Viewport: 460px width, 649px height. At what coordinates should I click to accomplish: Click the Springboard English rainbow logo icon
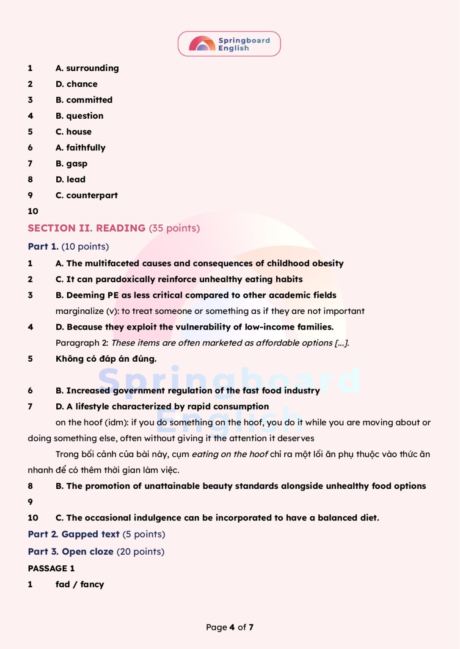202,44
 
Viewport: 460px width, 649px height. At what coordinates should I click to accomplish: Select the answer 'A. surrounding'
87,68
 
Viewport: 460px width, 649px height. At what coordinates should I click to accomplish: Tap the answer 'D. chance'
77,84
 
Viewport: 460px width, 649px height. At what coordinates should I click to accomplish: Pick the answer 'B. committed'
84,100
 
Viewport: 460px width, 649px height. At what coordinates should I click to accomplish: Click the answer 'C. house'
74,132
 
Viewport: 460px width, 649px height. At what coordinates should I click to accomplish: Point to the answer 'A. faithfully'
80,147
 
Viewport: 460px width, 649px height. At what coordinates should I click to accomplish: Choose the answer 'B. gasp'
72,164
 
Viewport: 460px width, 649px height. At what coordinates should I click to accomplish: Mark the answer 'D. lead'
71,180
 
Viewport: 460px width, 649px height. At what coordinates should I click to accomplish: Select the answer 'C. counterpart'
87,195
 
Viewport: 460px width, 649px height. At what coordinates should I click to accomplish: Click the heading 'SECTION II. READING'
87,228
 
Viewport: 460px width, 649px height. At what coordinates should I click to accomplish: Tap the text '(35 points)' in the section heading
174,228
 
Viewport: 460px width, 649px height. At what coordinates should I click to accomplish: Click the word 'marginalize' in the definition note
80,311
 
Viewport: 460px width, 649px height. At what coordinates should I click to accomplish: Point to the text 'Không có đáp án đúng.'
106,359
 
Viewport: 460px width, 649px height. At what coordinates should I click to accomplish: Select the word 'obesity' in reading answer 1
328,263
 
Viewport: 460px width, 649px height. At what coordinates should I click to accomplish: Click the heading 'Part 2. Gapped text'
74,534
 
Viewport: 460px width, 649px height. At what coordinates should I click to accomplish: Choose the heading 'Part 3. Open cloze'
71,551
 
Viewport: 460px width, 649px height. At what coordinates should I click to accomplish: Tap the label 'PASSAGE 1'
51,568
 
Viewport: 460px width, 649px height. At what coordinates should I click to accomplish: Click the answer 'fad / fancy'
80,584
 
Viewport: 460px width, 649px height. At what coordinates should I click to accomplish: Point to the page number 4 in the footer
232,627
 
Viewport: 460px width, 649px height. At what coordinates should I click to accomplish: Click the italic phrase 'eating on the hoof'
230,454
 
